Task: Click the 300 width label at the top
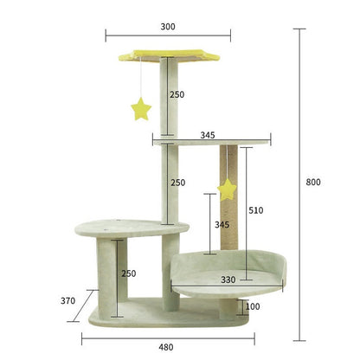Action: tap(168, 27)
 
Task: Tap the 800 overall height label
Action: tap(313, 182)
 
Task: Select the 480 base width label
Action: tap(166, 347)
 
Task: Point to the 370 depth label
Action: tap(67, 300)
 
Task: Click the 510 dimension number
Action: tap(256, 210)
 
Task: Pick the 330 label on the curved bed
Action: tap(228, 280)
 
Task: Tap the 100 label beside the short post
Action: tap(253, 306)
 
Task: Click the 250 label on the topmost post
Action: tap(177, 94)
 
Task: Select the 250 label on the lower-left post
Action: tap(129, 273)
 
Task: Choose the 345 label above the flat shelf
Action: tap(208, 135)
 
